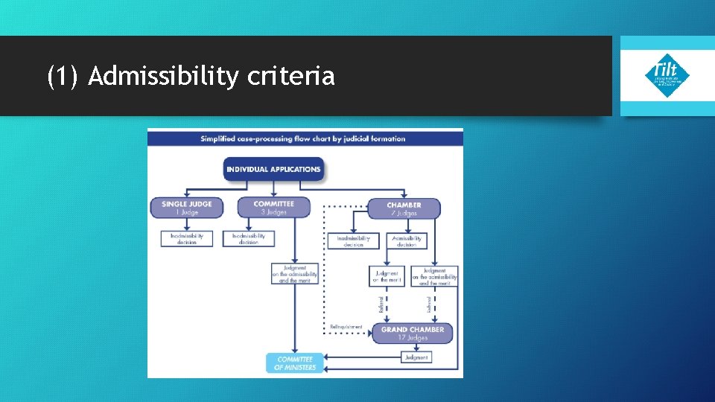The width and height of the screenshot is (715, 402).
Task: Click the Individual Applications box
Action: pyautogui.click(x=273, y=169)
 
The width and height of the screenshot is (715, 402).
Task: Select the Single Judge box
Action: pyautogui.click(x=186, y=208)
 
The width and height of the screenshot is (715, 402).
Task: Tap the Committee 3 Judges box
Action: pyautogui.click(x=273, y=208)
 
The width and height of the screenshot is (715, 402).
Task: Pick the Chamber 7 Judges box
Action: pyautogui.click(x=404, y=208)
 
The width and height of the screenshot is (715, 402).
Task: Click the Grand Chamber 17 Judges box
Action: pyautogui.click(x=412, y=333)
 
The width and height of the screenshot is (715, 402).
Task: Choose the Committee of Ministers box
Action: pyautogui.click(x=296, y=363)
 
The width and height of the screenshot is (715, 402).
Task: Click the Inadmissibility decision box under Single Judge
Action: pyautogui.click(x=186, y=239)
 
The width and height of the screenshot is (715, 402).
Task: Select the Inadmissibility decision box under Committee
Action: pyautogui.click(x=249, y=239)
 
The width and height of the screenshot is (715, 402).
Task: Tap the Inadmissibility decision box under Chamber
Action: pyautogui.click(x=353, y=241)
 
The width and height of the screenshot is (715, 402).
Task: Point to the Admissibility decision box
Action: pyautogui.click(x=407, y=241)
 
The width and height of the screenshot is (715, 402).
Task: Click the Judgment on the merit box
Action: pyautogui.click(x=387, y=276)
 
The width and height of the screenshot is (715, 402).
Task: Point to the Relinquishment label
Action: pyautogui.click(x=346, y=327)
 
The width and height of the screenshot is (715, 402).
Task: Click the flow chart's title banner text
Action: pyautogui.click(x=303, y=138)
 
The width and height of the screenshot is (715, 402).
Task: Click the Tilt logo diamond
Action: pyautogui.click(x=667, y=75)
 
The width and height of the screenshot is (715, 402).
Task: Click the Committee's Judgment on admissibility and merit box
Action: pyautogui.click(x=295, y=274)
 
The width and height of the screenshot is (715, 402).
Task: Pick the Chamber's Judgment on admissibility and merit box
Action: pyautogui.click(x=434, y=276)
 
